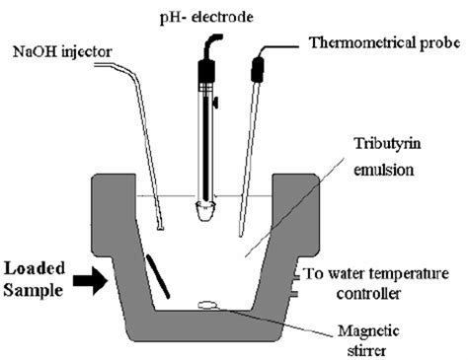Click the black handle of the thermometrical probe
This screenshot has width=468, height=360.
[260, 69]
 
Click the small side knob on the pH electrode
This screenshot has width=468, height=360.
[217, 103]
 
